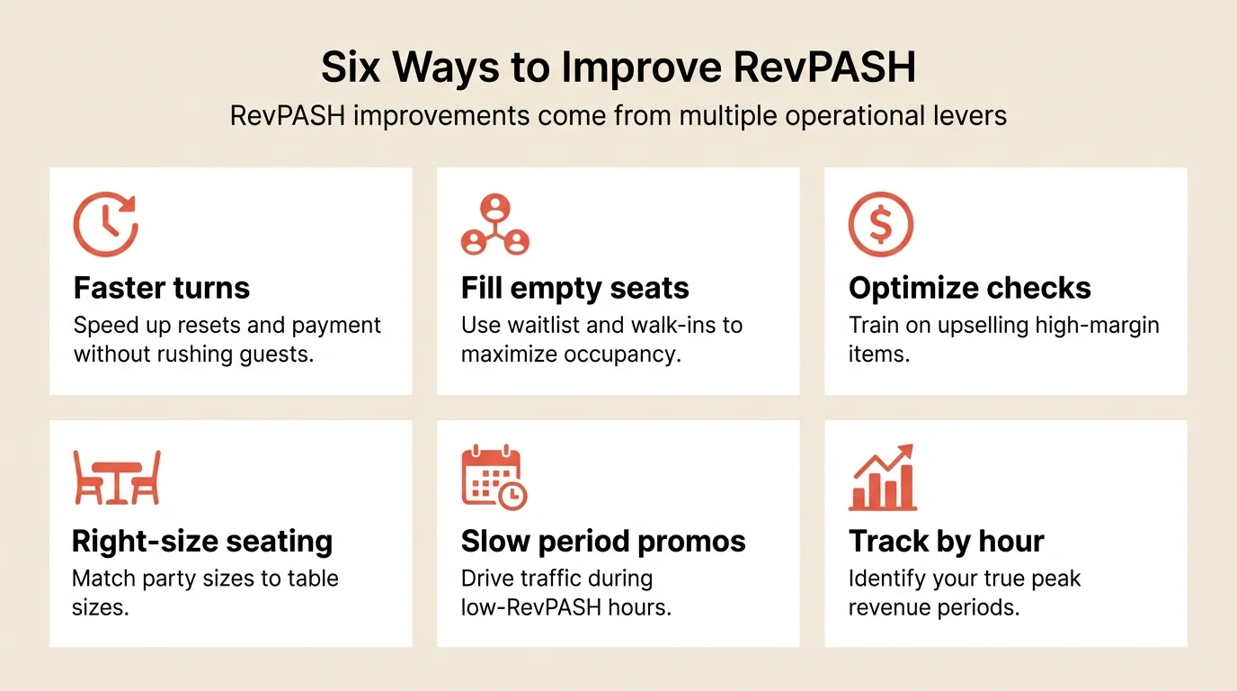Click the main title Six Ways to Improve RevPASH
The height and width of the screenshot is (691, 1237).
click(618, 67)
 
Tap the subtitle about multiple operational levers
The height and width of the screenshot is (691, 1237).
click(618, 116)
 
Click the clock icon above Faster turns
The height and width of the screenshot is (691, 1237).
click(105, 225)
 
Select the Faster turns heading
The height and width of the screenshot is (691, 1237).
click(162, 288)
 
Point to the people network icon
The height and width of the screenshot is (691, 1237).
click(494, 225)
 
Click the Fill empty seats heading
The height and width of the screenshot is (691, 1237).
click(574, 288)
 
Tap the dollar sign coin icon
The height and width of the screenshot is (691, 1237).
click(881, 225)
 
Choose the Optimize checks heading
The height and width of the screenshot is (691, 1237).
click(969, 288)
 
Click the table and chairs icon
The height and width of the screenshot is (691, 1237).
click(117, 478)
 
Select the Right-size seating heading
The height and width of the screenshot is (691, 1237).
click(202, 542)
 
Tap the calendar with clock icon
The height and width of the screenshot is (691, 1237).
click(494, 478)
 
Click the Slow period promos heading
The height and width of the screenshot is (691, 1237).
click(603, 542)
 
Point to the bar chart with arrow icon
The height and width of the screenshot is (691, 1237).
click(882, 478)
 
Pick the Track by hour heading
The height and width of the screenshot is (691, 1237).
click(946, 542)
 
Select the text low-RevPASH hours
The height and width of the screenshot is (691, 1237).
click(565, 607)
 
